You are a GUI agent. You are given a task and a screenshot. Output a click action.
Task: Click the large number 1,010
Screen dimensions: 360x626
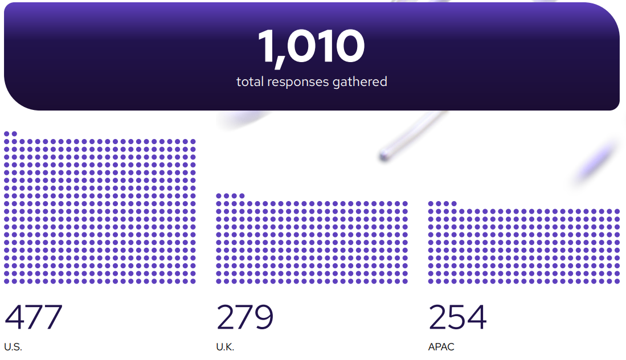click(312, 46)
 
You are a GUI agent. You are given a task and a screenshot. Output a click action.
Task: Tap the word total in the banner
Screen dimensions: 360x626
click(250, 82)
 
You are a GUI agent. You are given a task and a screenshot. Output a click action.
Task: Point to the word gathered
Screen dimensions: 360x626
click(360, 82)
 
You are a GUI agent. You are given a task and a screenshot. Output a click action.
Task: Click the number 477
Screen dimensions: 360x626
click(34, 317)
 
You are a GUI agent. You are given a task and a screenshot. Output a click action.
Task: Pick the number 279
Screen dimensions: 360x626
click(245, 317)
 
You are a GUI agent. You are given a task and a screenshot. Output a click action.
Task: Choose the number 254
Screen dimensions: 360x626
click(457, 317)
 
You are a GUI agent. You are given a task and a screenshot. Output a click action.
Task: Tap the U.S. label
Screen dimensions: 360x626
click(13, 347)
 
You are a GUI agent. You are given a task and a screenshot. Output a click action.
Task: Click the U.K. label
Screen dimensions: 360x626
click(225, 347)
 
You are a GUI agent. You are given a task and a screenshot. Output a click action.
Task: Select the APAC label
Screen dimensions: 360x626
click(441, 347)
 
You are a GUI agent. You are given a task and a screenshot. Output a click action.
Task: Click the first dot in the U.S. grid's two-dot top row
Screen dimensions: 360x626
click(7, 134)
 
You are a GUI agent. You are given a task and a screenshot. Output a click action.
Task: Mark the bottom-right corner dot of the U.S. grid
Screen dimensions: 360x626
click(193, 281)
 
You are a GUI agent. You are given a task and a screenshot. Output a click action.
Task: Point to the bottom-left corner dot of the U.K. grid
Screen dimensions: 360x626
click(219, 281)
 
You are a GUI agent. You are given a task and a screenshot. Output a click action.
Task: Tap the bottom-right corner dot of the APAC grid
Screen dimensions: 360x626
click(617, 281)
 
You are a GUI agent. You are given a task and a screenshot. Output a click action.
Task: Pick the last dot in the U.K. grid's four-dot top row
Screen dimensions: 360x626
click(242, 196)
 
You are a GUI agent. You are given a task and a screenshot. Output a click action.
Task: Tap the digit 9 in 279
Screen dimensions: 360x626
click(264, 317)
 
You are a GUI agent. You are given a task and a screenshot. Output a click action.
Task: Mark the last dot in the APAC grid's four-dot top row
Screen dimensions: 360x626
click(454, 203)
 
